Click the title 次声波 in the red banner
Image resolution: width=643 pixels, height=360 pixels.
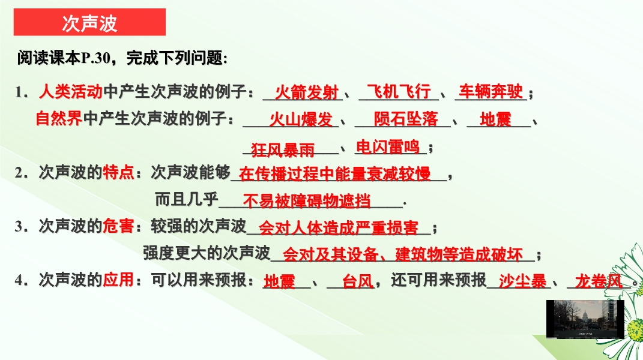(90, 23)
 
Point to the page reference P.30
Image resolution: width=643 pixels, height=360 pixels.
(96, 58)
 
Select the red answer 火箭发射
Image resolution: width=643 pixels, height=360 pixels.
(307, 92)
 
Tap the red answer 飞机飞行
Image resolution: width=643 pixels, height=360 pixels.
(399, 91)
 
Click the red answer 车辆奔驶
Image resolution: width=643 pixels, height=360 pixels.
(491, 91)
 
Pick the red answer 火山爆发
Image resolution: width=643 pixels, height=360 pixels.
(301, 119)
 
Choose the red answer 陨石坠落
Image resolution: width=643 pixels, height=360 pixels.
(406, 119)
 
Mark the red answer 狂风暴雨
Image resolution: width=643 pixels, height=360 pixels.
(283, 150)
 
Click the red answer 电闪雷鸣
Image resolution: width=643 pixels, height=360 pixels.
(388, 147)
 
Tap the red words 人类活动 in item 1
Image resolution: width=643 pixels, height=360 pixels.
(70, 91)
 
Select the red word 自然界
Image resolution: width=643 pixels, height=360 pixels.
(59, 118)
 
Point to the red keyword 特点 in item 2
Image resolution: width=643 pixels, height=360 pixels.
(118, 172)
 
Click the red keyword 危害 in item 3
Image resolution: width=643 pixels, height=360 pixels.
(118, 226)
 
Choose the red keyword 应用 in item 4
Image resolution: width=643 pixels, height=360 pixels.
(118, 280)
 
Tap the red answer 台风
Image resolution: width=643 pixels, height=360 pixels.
(358, 281)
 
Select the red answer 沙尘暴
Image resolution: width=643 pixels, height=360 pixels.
(523, 281)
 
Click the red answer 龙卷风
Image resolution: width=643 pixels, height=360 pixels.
(599, 281)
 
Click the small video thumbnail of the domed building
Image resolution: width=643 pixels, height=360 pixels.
(585, 319)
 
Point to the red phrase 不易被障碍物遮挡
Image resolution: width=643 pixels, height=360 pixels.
(307, 202)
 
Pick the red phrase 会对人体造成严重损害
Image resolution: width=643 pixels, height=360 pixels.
(339, 228)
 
